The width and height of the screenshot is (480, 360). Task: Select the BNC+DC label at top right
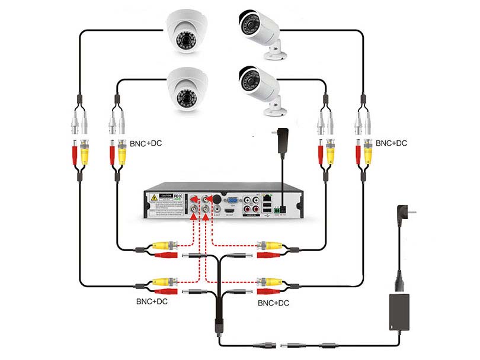(x=391, y=143)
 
